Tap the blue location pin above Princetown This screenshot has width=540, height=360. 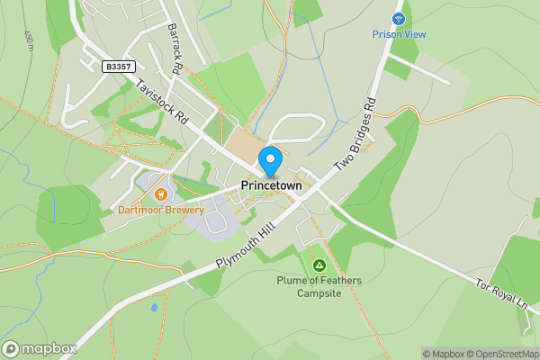tap(270, 162)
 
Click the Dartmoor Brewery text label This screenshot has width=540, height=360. tap(161, 210)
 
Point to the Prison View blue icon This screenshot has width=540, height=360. tap(399, 18)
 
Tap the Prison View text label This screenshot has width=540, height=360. tap(399, 34)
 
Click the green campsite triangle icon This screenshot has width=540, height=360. tap(319, 265)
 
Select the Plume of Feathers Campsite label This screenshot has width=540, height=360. tap(319, 286)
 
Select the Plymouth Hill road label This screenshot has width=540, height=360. tap(246, 243)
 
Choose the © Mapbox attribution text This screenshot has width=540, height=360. tap(445, 354)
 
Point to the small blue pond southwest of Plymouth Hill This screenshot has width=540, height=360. tap(154, 308)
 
